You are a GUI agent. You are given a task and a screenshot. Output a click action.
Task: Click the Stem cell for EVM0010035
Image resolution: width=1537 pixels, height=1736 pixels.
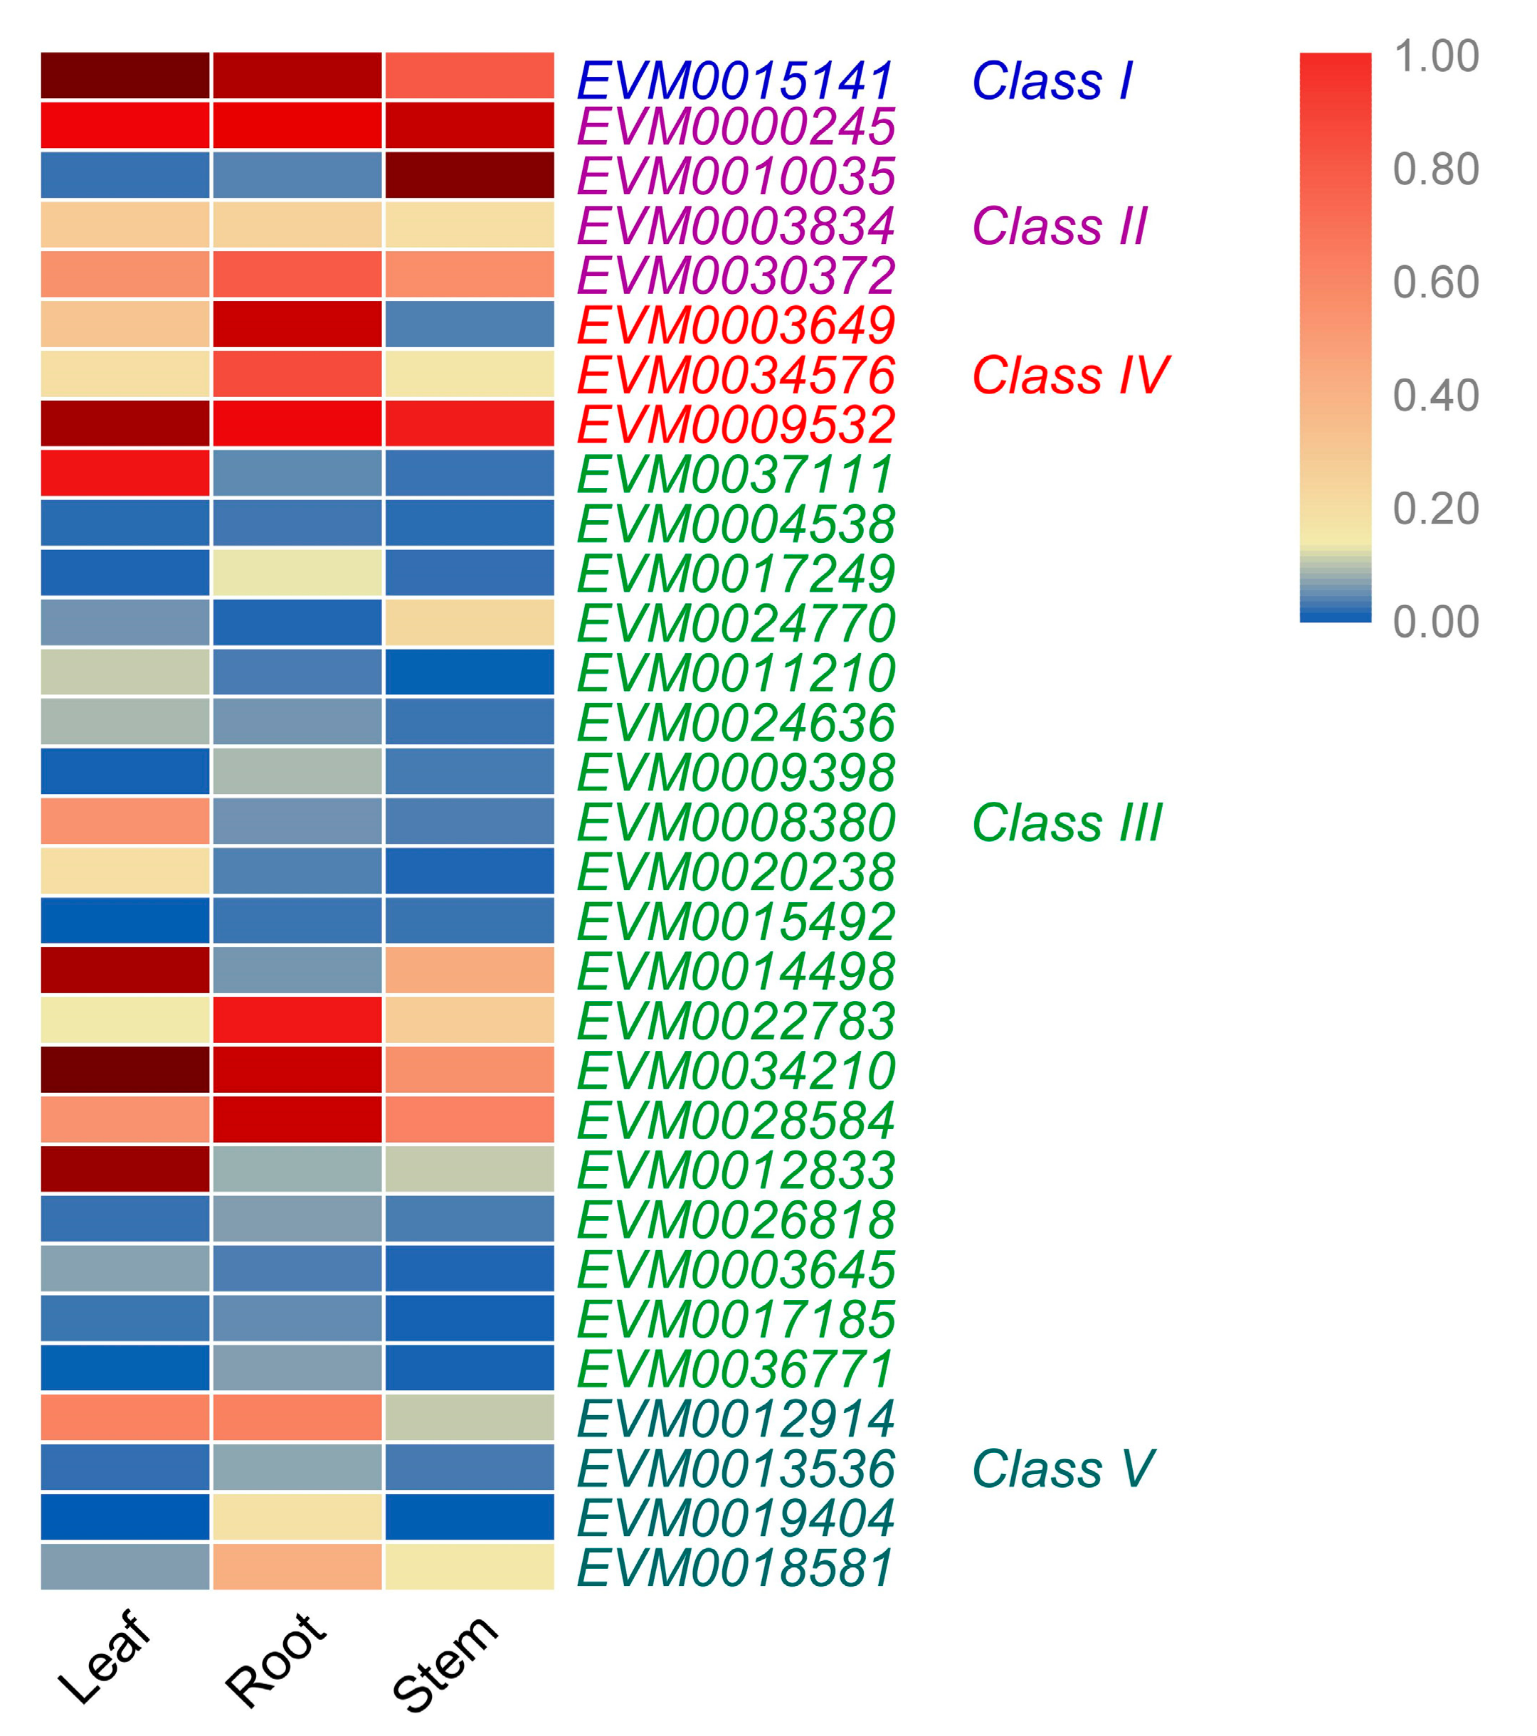click(469, 175)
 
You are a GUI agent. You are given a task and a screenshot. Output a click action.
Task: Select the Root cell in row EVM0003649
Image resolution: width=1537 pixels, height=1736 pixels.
click(297, 324)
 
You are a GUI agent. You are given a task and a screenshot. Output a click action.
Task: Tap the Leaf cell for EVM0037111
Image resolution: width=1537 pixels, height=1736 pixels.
click(125, 473)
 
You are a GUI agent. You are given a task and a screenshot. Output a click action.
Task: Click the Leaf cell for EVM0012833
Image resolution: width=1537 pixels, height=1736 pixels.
click(125, 1169)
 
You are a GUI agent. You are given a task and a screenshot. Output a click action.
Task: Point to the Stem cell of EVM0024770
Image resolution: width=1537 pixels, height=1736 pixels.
click(469, 622)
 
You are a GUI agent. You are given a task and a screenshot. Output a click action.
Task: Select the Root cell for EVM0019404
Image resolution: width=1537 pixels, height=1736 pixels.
click(297, 1516)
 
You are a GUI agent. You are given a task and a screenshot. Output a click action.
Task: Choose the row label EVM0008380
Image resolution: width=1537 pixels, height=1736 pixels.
click(735, 822)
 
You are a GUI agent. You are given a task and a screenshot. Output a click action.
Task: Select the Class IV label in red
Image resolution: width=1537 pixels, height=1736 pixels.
click(1070, 376)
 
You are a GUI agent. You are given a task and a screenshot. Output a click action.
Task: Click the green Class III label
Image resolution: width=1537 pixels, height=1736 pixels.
click(1067, 822)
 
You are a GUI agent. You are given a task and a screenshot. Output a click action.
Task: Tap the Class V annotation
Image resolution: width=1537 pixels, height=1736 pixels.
click(1062, 1468)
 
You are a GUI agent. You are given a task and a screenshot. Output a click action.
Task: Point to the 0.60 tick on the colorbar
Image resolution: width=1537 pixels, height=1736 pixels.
click(1436, 282)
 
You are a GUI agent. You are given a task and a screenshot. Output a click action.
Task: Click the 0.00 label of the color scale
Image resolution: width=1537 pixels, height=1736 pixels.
click(1436, 622)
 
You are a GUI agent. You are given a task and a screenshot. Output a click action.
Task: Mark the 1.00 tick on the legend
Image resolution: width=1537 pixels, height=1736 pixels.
click(1436, 56)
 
